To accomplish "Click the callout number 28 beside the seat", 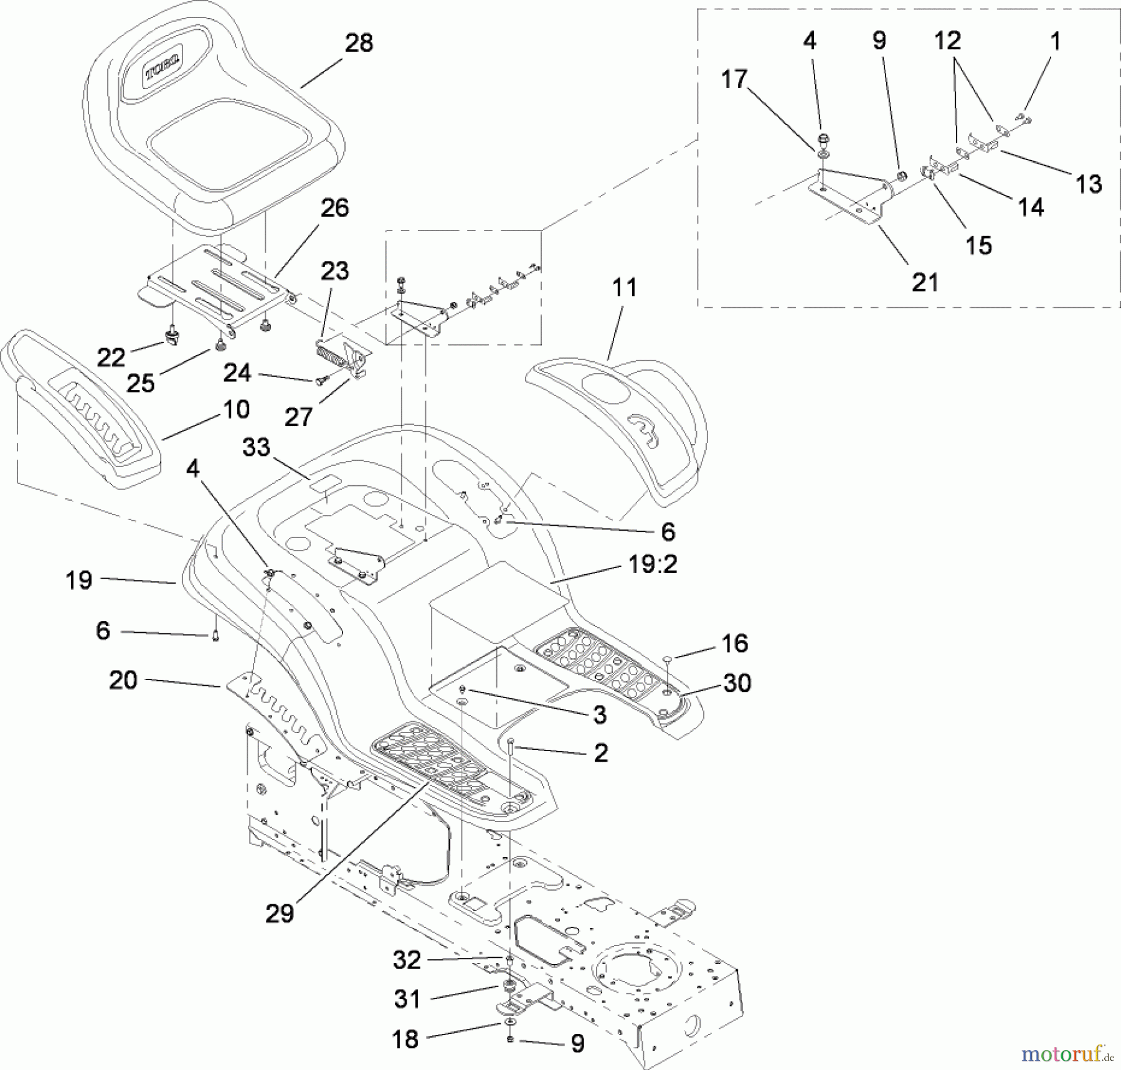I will [x=359, y=43].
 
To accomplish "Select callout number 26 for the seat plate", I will [x=334, y=208].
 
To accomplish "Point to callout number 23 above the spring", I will [x=334, y=271].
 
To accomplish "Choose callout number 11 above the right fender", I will [x=624, y=288].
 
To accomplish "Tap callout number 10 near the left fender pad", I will [x=236, y=409].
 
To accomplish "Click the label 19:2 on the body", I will [x=652, y=564].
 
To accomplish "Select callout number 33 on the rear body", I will [x=256, y=447].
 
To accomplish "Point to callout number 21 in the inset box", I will [x=925, y=282].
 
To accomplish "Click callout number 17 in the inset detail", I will [x=734, y=79].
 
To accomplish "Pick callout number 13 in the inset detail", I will [x=1089, y=184].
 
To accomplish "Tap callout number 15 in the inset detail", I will [x=978, y=245].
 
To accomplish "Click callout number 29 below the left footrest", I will [x=279, y=914].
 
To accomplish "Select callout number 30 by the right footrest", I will [x=737, y=683].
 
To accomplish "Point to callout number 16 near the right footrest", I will [x=735, y=643].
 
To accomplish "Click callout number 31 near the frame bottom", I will [x=407, y=999].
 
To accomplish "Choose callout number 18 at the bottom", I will [x=405, y=1039].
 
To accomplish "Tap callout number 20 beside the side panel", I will [x=123, y=680].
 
